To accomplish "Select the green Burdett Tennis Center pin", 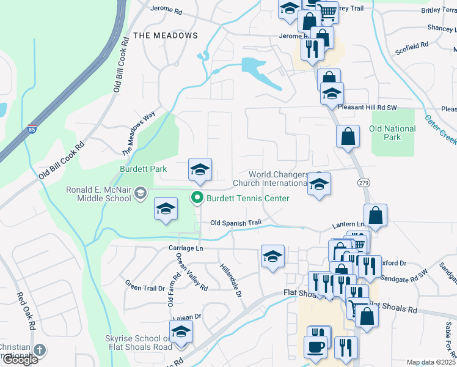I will click(x=197, y=198).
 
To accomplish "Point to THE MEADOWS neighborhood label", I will click(x=166, y=35).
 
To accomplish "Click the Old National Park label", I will click(x=392, y=133).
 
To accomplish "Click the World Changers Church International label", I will click(x=277, y=179).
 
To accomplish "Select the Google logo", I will click(x=20, y=360).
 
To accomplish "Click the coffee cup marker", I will click(x=316, y=346).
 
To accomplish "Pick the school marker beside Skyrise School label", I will click(x=181, y=332).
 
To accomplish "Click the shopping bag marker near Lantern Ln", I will click(x=375, y=215).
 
